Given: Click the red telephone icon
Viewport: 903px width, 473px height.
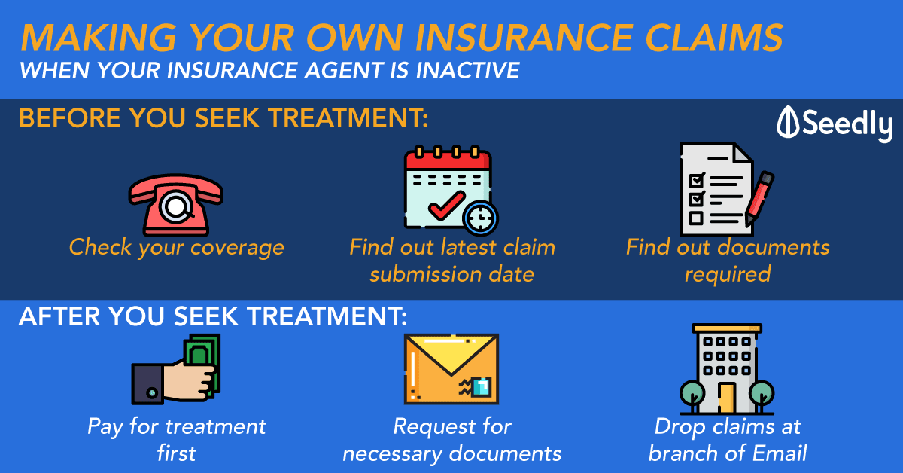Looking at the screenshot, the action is tap(176, 205).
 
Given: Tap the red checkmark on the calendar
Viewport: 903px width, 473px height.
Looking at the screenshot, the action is tap(447, 206).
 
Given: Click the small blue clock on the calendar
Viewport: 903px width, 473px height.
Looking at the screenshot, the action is tap(481, 218).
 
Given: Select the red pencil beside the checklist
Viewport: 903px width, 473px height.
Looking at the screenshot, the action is tap(759, 198).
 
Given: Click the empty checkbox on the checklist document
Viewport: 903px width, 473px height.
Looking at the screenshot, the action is tap(696, 218).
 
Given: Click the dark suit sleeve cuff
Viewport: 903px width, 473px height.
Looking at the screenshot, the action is tap(147, 384).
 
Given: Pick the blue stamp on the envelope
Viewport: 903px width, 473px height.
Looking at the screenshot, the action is tap(481, 386).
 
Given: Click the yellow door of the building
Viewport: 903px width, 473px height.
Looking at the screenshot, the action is tap(726, 398).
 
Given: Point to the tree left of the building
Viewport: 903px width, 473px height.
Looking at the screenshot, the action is tap(692, 395).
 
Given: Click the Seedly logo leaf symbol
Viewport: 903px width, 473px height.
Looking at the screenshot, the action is tap(787, 122).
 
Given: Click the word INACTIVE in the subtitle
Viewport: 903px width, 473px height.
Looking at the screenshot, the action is tap(467, 70).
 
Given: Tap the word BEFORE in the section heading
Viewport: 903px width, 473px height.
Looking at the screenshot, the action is tap(70, 117).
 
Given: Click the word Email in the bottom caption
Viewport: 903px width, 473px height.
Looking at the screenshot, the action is tap(780, 453).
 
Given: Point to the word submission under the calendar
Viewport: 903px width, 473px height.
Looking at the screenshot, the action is tap(425, 274).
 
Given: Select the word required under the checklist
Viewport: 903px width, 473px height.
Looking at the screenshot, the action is tap(728, 275).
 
